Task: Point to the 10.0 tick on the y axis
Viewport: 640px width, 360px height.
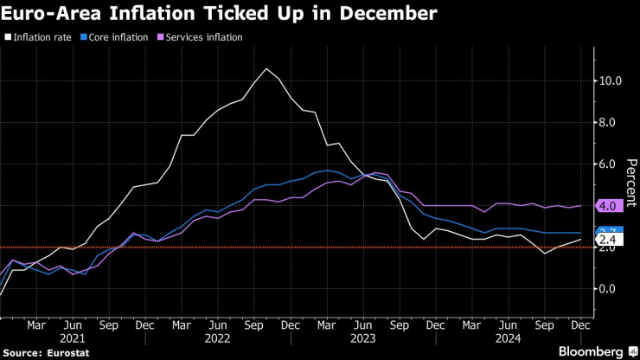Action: [x=610, y=81]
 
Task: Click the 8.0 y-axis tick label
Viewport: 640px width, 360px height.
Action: [x=610, y=123]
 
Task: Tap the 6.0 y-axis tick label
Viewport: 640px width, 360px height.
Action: [x=610, y=164]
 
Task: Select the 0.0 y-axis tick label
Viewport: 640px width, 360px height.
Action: [x=610, y=289]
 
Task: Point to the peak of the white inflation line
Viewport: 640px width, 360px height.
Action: [x=267, y=68]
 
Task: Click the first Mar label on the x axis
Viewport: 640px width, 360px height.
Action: [x=35, y=325]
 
